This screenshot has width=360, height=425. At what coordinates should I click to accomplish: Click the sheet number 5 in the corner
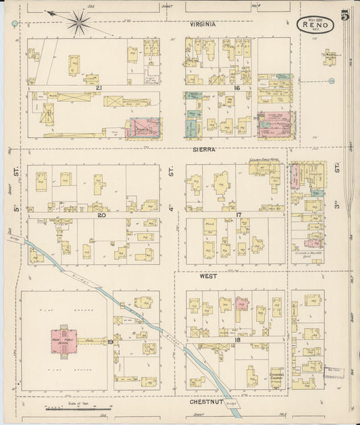(x=345, y=16)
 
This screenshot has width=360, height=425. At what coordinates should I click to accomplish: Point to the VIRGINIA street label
(x=203, y=24)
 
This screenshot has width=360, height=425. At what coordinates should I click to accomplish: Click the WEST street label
(x=207, y=276)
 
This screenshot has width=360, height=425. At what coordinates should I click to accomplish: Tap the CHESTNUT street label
(x=203, y=401)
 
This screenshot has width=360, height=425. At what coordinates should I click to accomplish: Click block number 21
(x=98, y=89)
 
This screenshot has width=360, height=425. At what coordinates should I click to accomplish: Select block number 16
(x=238, y=89)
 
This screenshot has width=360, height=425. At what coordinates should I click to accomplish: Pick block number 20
(x=101, y=216)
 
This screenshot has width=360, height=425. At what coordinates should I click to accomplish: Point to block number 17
(x=238, y=215)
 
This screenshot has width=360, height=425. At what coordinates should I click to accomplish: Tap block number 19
(x=109, y=342)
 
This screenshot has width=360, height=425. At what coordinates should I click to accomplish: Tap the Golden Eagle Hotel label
(x=264, y=159)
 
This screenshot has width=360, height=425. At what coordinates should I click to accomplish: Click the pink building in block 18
(x=241, y=303)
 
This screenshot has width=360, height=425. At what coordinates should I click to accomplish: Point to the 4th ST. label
(x=172, y=189)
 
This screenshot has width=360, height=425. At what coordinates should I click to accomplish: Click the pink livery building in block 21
(x=143, y=128)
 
